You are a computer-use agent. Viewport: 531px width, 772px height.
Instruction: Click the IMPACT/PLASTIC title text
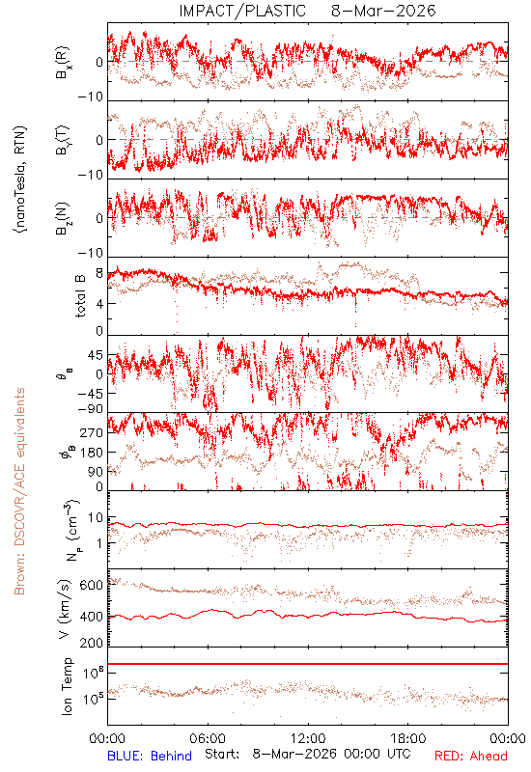point(242,11)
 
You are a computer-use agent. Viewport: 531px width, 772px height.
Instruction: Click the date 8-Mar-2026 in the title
point(383,11)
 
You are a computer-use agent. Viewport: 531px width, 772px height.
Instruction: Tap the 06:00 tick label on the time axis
point(208,738)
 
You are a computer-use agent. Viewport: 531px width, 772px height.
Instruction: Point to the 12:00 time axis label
point(308,738)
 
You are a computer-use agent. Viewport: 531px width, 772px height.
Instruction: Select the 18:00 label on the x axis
point(408,738)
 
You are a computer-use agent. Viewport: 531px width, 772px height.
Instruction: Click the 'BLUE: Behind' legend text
point(150,756)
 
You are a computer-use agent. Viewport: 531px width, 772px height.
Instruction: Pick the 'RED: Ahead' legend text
point(471,756)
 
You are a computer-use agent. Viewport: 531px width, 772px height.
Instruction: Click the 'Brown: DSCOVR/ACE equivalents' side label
point(19,491)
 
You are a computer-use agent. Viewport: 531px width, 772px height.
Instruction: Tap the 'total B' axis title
point(80,296)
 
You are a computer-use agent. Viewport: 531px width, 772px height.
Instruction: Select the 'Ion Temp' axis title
point(67,686)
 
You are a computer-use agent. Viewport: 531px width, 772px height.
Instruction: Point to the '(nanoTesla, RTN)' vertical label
point(20,179)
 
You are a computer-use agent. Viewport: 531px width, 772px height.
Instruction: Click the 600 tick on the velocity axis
point(92,586)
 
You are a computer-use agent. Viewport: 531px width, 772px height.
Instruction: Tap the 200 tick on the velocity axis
point(92,643)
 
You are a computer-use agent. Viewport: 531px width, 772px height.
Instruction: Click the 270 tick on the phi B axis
point(92,433)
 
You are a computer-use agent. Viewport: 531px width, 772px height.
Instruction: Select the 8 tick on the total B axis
point(99,273)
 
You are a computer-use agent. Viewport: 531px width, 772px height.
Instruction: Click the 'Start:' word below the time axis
point(222,755)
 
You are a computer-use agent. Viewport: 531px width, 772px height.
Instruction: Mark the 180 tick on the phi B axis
point(92,453)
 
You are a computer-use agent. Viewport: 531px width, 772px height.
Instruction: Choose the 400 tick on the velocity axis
point(92,617)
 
